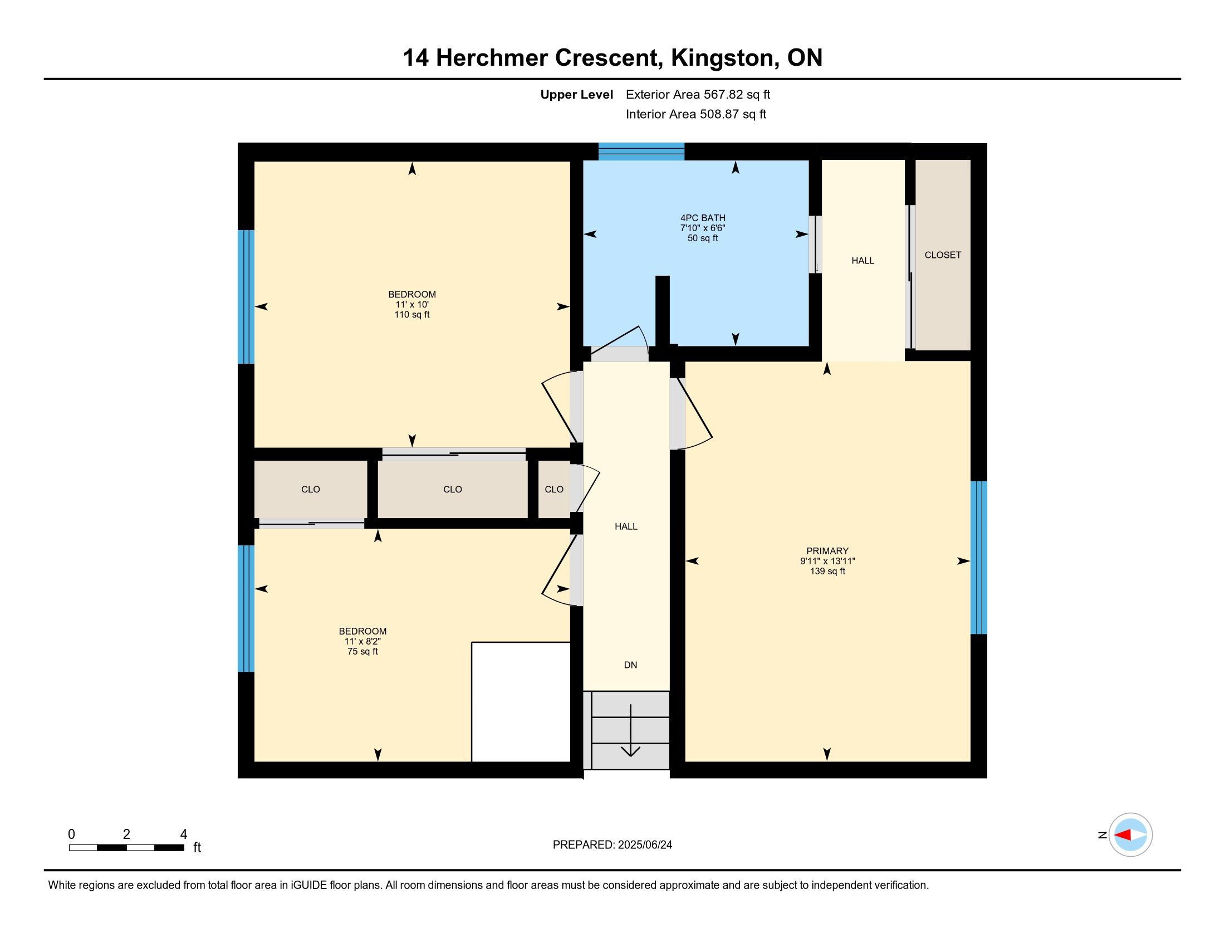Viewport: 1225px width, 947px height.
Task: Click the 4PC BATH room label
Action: tap(703, 218)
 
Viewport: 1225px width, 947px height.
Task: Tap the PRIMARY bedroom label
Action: tap(827, 551)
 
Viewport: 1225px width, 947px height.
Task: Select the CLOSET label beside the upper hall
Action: tap(943, 255)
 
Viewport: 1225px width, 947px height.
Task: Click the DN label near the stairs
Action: tap(630, 665)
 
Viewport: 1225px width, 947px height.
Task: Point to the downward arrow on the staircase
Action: tap(631, 730)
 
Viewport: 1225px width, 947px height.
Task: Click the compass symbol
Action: tap(1130, 834)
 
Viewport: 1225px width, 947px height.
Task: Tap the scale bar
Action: tap(127, 847)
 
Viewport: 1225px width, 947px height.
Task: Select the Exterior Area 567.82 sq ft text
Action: tap(698, 94)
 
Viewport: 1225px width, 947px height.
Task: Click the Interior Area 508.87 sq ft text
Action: tap(695, 114)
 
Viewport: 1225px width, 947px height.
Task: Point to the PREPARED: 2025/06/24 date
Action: tap(612, 845)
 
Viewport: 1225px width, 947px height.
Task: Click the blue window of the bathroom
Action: tap(641, 152)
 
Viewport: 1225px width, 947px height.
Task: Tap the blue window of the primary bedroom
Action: tap(979, 558)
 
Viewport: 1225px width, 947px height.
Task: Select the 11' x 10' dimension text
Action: tap(412, 305)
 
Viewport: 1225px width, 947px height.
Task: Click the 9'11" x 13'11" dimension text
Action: tap(827, 561)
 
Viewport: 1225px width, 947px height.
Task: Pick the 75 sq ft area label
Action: tap(363, 651)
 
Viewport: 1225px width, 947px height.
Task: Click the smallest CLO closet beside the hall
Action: tap(554, 489)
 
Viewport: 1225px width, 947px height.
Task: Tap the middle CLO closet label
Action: tap(453, 489)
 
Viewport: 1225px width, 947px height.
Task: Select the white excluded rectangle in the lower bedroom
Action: tap(521, 702)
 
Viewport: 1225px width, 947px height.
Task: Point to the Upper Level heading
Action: tap(577, 94)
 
